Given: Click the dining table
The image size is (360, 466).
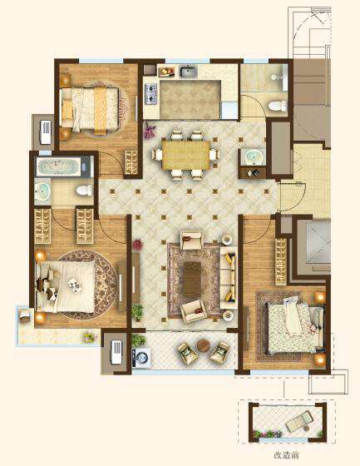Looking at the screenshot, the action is (186, 155).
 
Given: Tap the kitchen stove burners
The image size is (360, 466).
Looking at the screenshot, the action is (150, 94).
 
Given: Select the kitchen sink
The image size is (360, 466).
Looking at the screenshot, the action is (189, 72).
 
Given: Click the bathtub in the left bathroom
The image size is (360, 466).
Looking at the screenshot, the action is (58, 166).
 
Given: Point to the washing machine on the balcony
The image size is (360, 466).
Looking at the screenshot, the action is (141, 358).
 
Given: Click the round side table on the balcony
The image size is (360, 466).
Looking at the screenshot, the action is (204, 345).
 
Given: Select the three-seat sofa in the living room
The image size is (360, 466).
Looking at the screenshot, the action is (229, 278).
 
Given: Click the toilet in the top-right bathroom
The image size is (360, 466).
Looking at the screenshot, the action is (278, 107).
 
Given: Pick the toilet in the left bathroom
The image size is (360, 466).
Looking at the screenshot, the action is (84, 191).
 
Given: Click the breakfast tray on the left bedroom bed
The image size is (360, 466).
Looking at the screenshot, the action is (74, 285).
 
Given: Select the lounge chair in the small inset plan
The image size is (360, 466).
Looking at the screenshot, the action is (299, 420).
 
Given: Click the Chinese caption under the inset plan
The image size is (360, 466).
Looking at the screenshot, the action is (286, 455).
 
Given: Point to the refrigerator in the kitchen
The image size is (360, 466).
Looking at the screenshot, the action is (229, 110).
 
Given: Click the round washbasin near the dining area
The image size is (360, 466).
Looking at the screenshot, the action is (253, 157).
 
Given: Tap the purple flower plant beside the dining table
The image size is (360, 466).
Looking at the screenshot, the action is (150, 132).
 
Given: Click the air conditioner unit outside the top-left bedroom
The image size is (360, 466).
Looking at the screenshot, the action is (46, 132).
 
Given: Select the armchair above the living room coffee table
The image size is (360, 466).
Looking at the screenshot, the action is (192, 240).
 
